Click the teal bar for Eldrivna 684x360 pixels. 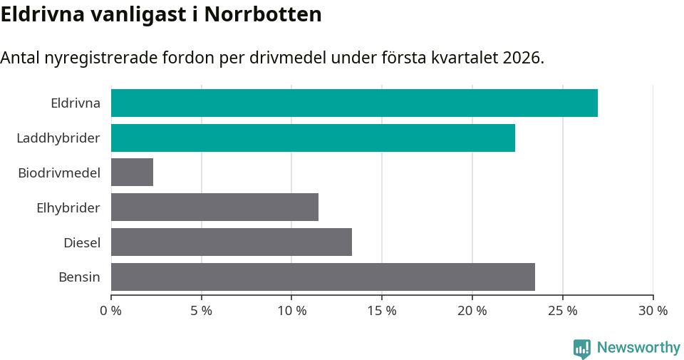pyautogui.click(x=354, y=103)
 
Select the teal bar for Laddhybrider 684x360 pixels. pyautogui.click(x=313, y=138)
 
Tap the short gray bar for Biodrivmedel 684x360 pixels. pyautogui.click(x=132, y=173)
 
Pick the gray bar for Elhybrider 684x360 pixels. pyautogui.click(x=214, y=207)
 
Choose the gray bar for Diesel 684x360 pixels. pyautogui.click(x=232, y=242)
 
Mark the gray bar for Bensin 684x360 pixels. pyautogui.click(x=323, y=277)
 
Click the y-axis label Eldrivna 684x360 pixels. pyautogui.click(x=76, y=103)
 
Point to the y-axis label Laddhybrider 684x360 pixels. pyautogui.click(x=58, y=138)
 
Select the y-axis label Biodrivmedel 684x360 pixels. pyautogui.click(x=59, y=173)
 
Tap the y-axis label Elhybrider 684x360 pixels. pyautogui.click(x=68, y=207)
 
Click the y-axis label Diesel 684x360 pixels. pyautogui.click(x=82, y=242)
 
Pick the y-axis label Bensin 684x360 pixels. pyautogui.click(x=79, y=277)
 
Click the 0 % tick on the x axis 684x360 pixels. pyautogui.click(x=111, y=311)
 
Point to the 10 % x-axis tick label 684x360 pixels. pyautogui.click(x=291, y=311)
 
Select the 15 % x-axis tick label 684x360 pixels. pyautogui.click(x=382, y=311)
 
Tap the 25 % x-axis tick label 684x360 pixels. pyautogui.click(x=563, y=311)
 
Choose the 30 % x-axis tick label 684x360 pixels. pyautogui.click(x=653, y=311)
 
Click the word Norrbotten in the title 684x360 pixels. pyautogui.click(x=263, y=14)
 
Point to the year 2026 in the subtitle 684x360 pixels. pyautogui.click(x=522, y=58)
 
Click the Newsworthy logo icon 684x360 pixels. pyautogui.click(x=582, y=348)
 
